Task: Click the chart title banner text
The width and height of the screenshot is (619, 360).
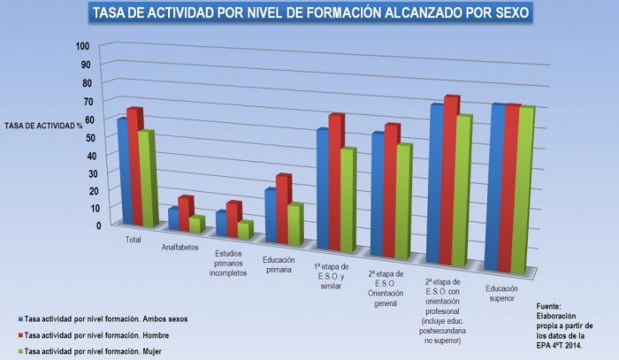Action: [309, 12]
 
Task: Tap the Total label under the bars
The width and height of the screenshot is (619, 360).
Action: [134, 239]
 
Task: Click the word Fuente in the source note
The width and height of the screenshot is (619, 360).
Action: [549, 306]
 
